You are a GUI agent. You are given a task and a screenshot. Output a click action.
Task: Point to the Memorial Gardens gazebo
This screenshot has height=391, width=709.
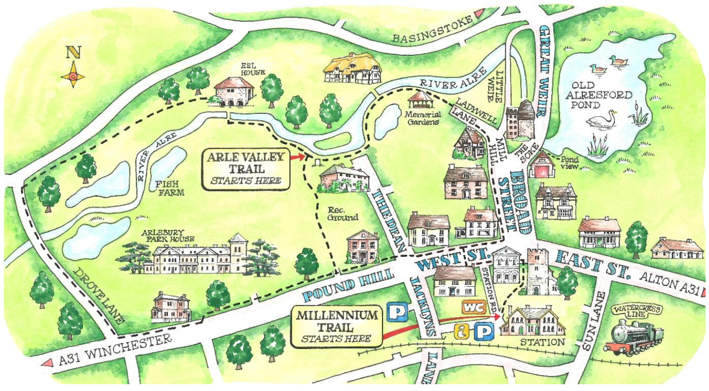pos(421,100)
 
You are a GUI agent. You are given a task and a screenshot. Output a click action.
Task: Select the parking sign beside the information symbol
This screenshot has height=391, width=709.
pos(483,332)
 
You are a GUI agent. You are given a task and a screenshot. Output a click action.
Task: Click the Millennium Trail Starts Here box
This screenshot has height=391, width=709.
pos(337,326)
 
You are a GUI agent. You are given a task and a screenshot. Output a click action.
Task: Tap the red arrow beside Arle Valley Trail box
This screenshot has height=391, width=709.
pos(296,156)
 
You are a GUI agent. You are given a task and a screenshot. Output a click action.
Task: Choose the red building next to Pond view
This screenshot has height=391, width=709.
pos(541,166)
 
